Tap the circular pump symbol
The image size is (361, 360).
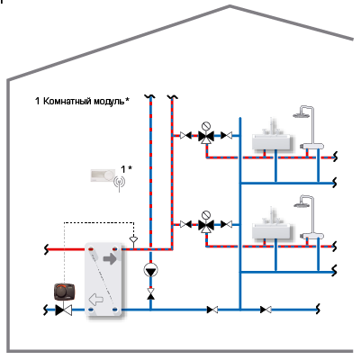click(x=150, y=270)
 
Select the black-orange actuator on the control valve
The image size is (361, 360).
click(x=64, y=292)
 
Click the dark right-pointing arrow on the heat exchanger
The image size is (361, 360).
click(x=110, y=259)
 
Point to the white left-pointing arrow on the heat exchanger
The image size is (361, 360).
click(x=95, y=299)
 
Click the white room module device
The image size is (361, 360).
click(x=103, y=175)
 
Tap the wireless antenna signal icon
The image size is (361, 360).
click(x=119, y=183)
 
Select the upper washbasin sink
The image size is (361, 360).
click(x=273, y=140)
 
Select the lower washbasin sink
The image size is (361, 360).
click(x=273, y=229)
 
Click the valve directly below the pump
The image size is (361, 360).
click(x=150, y=293)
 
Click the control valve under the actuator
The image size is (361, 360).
click(x=64, y=310)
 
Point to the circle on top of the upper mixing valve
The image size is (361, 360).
click(x=206, y=126)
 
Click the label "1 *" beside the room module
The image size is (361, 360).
click(x=126, y=169)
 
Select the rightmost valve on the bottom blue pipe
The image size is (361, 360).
click(x=266, y=310)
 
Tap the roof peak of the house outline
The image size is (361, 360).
click(x=230, y=6)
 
